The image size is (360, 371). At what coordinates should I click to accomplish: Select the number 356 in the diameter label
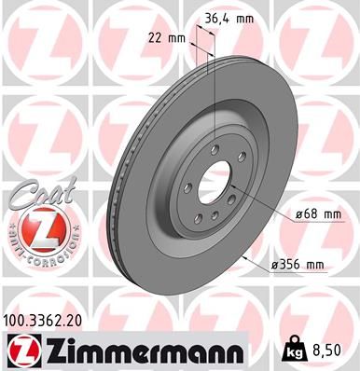tap(289, 266)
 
